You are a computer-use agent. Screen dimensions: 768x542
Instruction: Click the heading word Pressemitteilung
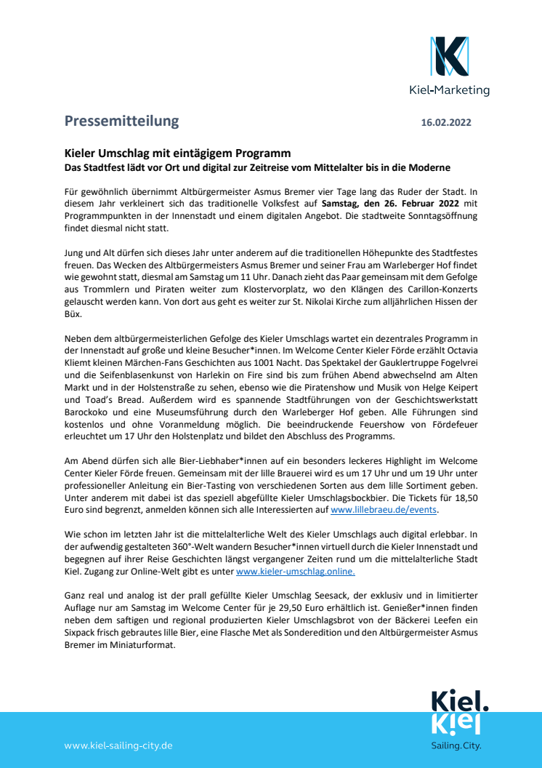(121, 121)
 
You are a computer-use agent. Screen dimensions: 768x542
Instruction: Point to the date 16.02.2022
(446, 122)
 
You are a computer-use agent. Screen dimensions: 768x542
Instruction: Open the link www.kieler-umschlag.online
(296, 572)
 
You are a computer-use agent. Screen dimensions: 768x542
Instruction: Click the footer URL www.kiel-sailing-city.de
(118, 745)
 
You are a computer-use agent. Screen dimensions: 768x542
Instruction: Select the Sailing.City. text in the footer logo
(456, 745)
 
